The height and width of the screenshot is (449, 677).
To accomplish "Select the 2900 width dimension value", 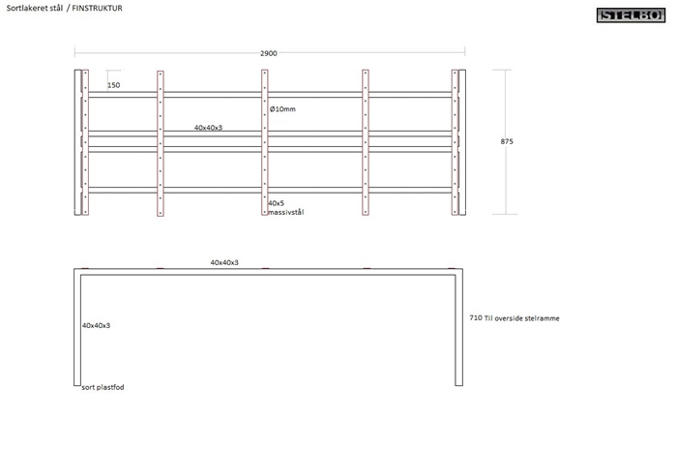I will click(269, 53).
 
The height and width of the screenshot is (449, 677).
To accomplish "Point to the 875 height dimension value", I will click(507, 141).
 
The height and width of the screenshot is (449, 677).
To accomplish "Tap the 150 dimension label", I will click(114, 85).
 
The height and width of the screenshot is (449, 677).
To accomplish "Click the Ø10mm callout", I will click(282, 108).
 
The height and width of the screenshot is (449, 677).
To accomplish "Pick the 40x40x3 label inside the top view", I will click(209, 127).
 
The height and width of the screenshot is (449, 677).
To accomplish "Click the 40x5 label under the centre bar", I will click(277, 203).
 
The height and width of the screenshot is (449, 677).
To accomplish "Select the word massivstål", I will click(286, 212).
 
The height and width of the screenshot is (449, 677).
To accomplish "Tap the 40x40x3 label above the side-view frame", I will click(224, 262).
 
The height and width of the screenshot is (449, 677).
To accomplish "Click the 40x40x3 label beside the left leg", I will click(96, 325).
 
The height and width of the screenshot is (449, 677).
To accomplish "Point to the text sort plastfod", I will click(103, 386).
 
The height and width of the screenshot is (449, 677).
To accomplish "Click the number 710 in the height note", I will click(474, 317).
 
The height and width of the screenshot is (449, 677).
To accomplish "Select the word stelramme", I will click(542, 317).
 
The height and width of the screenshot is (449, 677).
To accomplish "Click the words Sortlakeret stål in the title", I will click(33, 8).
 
